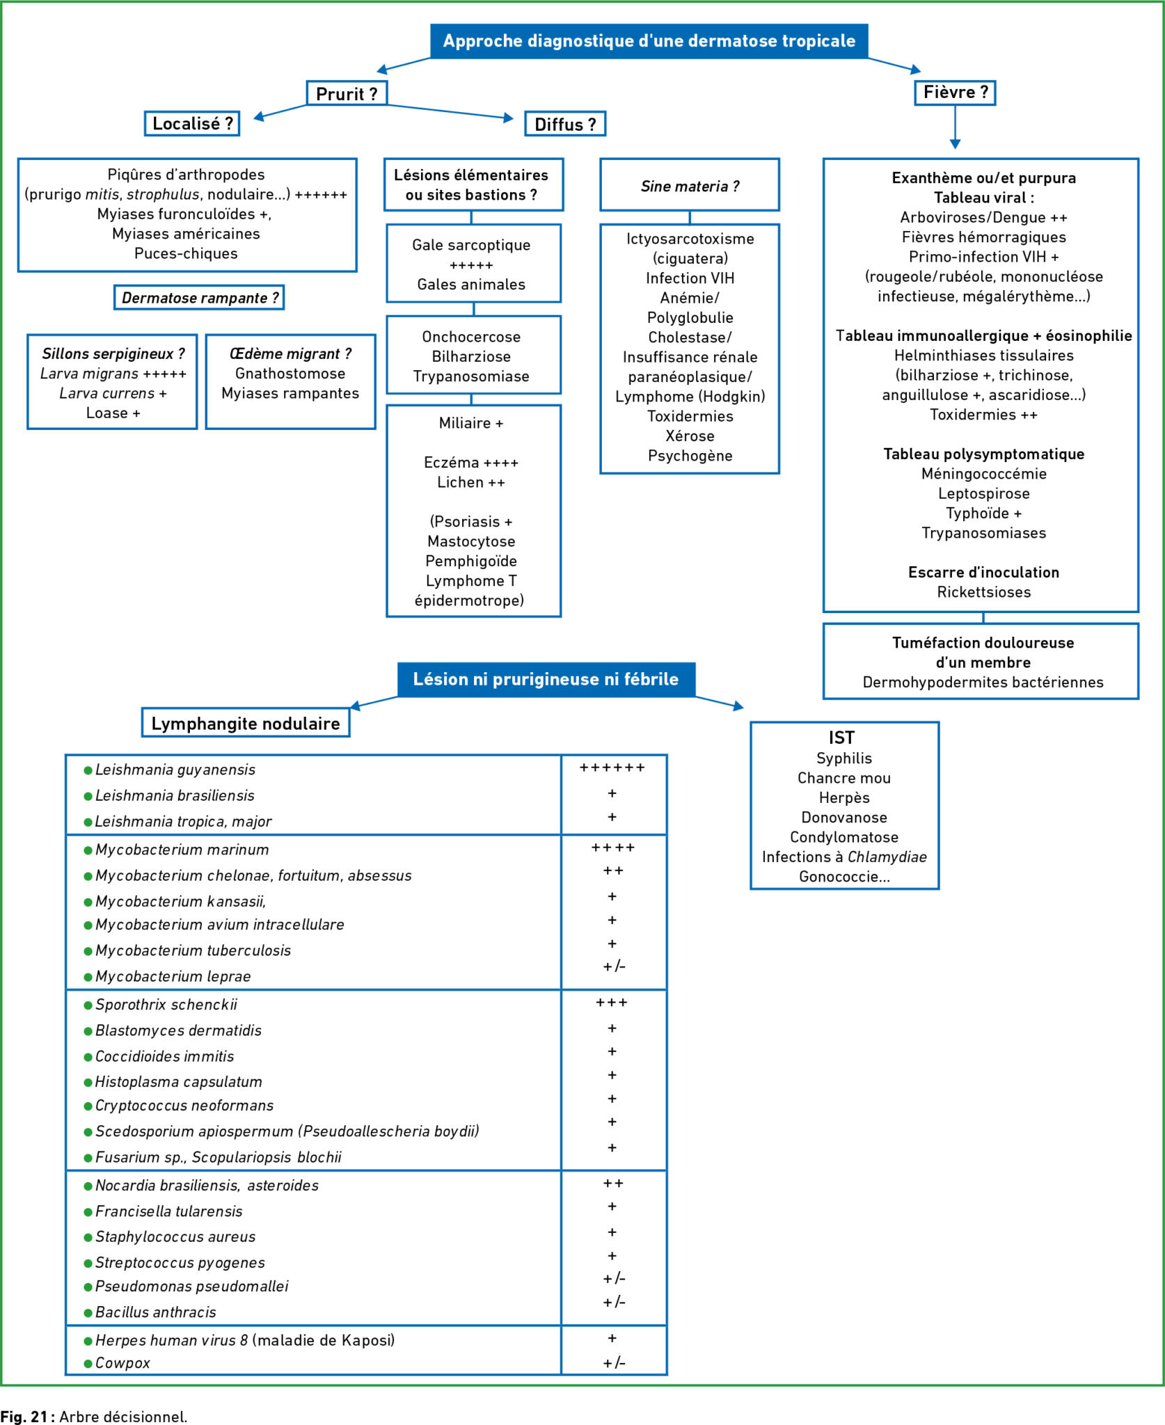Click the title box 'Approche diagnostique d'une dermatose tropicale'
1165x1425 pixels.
pos(649,41)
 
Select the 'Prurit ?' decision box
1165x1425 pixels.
pos(347,93)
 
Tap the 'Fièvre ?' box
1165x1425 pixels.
pos(955,93)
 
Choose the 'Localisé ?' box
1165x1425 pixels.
pos(192,124)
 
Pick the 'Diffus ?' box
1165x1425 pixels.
pos(565,124)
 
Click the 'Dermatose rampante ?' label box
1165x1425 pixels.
pos(199,298)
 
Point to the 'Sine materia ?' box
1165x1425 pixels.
pos(690,185)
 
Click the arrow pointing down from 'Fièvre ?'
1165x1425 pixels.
pos(955,127)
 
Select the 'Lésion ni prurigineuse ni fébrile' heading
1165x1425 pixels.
pos(546,679)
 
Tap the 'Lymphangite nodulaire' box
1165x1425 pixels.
pos(246,724)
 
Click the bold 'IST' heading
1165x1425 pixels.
pos(841,738)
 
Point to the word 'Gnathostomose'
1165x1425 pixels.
pos(290,374)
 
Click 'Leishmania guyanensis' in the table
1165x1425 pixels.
pos(175,770)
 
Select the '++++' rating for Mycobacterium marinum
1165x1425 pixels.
pos(613,847)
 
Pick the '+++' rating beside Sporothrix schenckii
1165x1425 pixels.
pos(612,1003)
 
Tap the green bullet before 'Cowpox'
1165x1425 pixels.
pos(88,1363)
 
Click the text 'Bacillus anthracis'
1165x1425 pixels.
pos(156,1312)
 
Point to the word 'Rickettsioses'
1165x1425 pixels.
pos(983,592)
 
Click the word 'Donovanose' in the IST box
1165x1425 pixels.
pos(844,818)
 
